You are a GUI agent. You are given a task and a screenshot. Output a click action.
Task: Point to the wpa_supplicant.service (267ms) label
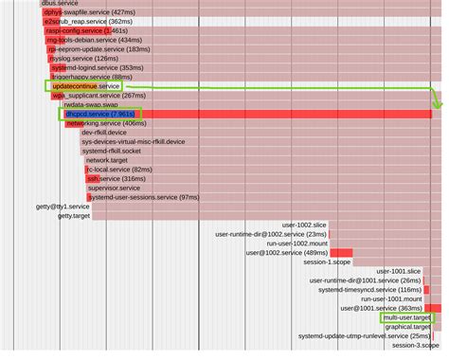[x=99, y=96]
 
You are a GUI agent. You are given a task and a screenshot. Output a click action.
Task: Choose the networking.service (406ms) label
[x=106, y=123]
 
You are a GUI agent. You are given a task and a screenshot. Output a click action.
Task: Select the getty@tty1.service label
[x=63, y=206]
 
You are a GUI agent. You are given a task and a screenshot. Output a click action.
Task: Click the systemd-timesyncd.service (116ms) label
[x=369, y=290]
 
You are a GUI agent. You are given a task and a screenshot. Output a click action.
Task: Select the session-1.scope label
[x=326, y=262]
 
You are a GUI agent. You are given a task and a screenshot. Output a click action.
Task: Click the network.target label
[x=106, y=160]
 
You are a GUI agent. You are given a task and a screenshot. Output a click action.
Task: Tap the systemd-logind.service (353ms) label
[x=97, y=68]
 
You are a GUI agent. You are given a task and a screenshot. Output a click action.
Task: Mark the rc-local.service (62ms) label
[x=113, y=170]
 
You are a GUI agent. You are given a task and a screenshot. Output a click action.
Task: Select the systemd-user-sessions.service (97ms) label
[x=143, y=197]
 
